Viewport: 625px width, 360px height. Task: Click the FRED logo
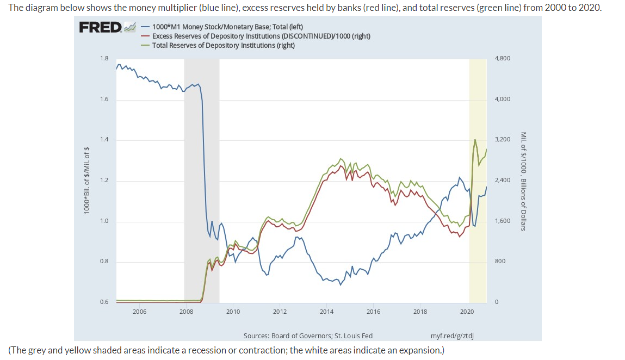100,27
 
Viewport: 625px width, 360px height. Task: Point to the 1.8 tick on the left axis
104,58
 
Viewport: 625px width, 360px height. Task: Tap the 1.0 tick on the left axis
104,221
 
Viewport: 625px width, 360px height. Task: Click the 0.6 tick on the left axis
104,302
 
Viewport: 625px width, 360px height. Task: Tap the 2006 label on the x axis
139,312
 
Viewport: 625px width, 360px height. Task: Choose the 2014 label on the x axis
326,312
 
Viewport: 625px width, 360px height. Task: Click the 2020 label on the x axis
467,312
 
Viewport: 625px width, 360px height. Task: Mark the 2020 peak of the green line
475,140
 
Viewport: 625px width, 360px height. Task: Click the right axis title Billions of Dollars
523,181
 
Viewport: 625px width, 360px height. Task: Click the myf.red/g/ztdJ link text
452,336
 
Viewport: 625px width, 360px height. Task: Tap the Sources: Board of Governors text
308,336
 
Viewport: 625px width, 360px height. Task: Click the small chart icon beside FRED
129,27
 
